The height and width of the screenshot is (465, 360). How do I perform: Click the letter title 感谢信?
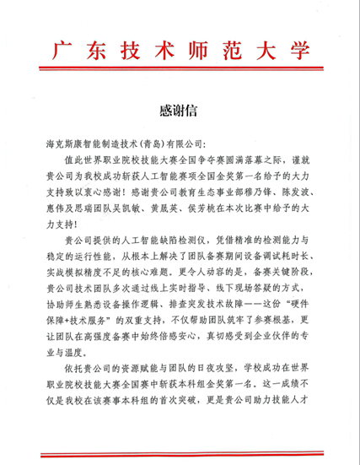click(180, 111)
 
